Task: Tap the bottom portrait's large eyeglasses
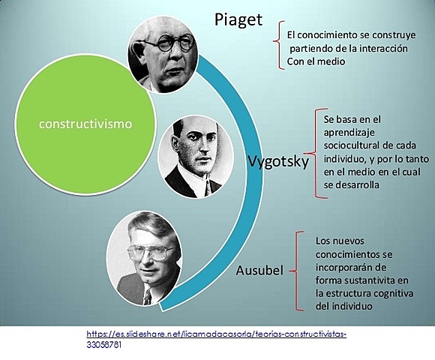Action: coord(151,253)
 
